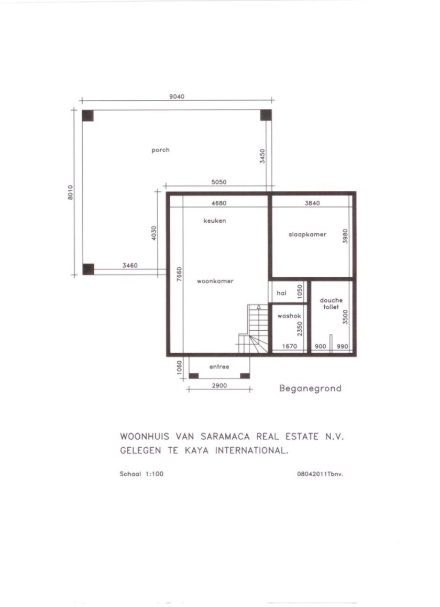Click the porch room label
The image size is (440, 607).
pyautogui.click(x=160, y=150)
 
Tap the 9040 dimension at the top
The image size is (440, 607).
pyautogui.click(x=177, y=96)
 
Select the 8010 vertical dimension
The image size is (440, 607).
pyautogui.click(x=71, y=192)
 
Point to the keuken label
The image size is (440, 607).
pyautogui.click(x=215, y=221)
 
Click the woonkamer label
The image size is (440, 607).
pyautogui.click(x=215, y=281)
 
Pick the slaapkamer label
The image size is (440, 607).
pyautogui.click(x=307, y=234)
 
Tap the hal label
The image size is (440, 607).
pyautogui.click(x=281, y=294)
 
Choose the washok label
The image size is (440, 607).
pyautogui.click(x=289, y=316)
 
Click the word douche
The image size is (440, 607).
pyautogui.click(x=331, y=300)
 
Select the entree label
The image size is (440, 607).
pyautogui.click(x=219, y=367)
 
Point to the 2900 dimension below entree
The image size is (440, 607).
pyautogui.click(x=219, y=386)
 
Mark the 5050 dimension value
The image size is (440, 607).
pyautogui.click(x=218, y=182)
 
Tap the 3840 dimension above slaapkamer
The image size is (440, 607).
pyautogui.click(x=312, y=203)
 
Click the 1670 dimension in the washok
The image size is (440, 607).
pyautogui.click(x=290, y=346)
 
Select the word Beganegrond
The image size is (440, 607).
pyautogui.click(x=310, y=388)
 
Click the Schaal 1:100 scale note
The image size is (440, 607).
pyautogui.click(x=142, y=474)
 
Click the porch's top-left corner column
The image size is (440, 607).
pyautogui.click(x=88, y=115)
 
